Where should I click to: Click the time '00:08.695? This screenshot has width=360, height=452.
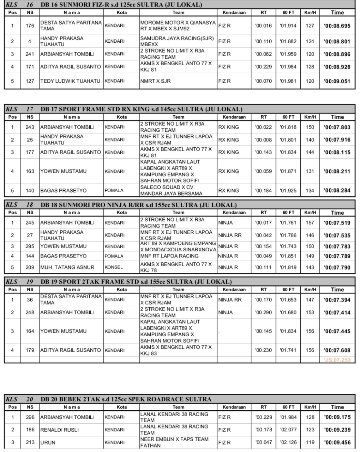[337, 26]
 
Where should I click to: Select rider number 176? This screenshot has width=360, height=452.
[30, 26]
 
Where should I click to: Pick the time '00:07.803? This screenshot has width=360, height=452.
[337, 127]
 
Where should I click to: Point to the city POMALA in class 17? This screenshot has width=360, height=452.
[114, 190]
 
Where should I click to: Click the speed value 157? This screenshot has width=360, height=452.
[310, 223]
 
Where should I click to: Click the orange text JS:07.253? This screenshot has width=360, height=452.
[338, 360]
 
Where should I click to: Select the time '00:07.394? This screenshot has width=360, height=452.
[337, 300]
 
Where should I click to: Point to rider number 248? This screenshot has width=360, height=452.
[30, 313]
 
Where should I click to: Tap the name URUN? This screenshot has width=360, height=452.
[48, 442]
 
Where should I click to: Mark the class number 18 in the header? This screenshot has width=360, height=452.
[30, 205]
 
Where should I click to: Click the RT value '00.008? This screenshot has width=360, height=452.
[264, 140]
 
